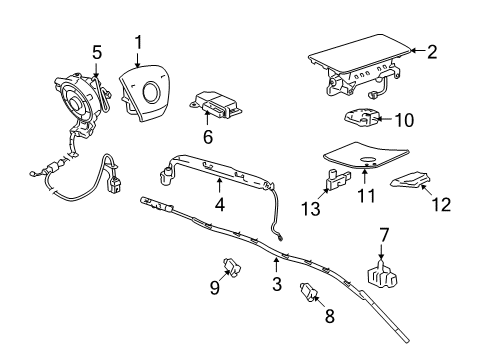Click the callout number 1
coord(139,43)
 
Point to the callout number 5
coord(96,51)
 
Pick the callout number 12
coord(441,205)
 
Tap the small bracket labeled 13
coord(335,181)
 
